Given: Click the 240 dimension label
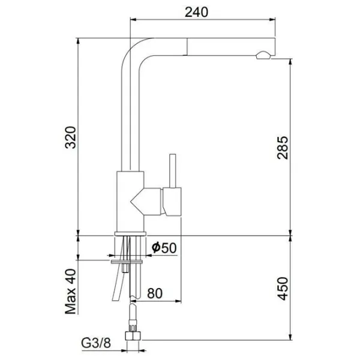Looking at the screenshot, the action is click(197, 12).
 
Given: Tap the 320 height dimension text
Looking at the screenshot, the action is click(71, 137).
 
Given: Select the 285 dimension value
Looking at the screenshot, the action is click(283, 148).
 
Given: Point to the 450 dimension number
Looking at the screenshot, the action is click(283, 289).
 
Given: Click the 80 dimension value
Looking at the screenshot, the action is click(155, 293).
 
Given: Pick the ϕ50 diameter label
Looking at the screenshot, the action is click(164, 247).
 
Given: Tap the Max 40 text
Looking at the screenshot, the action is click(71, 292).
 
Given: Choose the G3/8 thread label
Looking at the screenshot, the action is click(96, 343).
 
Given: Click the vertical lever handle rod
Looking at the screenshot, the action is click(173, 171).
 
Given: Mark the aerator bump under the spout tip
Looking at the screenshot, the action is click(263, 55).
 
